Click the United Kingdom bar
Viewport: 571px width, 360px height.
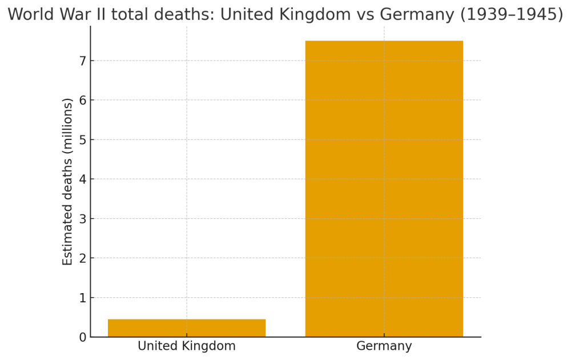[187, 328]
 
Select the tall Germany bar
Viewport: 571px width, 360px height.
[384, 189]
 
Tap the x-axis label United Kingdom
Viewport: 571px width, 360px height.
[187, 346]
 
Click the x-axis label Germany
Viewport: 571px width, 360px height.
[384, 346]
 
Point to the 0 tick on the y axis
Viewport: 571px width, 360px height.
[83, 337]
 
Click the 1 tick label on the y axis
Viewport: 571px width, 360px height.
[83, 298]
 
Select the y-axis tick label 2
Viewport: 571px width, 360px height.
[83, 258]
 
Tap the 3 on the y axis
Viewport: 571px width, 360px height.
[83, 219]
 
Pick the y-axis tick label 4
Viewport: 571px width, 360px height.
[83, 179]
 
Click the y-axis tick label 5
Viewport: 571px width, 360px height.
[83, 140]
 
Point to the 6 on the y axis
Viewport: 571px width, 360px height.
[83, 101]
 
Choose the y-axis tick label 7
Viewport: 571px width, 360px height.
[83, 61]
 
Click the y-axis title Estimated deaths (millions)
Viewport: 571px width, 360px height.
[68, 181]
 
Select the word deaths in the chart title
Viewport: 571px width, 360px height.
[186, 15]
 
